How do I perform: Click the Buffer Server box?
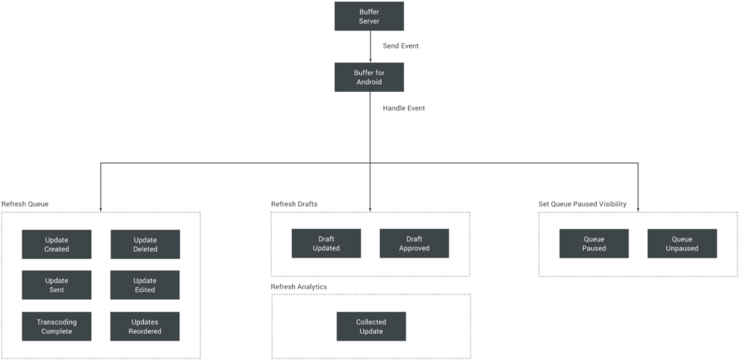pos(369,16)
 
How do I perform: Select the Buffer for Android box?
pos(369,78)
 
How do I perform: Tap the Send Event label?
pos(400,46)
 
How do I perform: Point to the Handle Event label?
pos(403,107)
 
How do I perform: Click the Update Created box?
pos(57,244)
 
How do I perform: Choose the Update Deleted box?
pos(145,244)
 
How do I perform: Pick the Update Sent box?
pos(57,285)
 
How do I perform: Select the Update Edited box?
pos(145,285)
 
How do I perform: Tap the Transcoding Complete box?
pos(57,326)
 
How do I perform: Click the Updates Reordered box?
pos(145,326)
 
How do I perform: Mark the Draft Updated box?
pos(326,243)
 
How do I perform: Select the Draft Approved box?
pos(413,243)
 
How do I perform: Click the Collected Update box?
pos(370,326)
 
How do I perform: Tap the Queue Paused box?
pos(593,243)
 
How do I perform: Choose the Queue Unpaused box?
pos(681,243)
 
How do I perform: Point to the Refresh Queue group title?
pos(25,205)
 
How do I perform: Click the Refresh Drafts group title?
pos(294,205)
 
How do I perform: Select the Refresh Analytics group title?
pos(298,286)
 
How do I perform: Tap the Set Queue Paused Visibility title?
pos(582,205)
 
